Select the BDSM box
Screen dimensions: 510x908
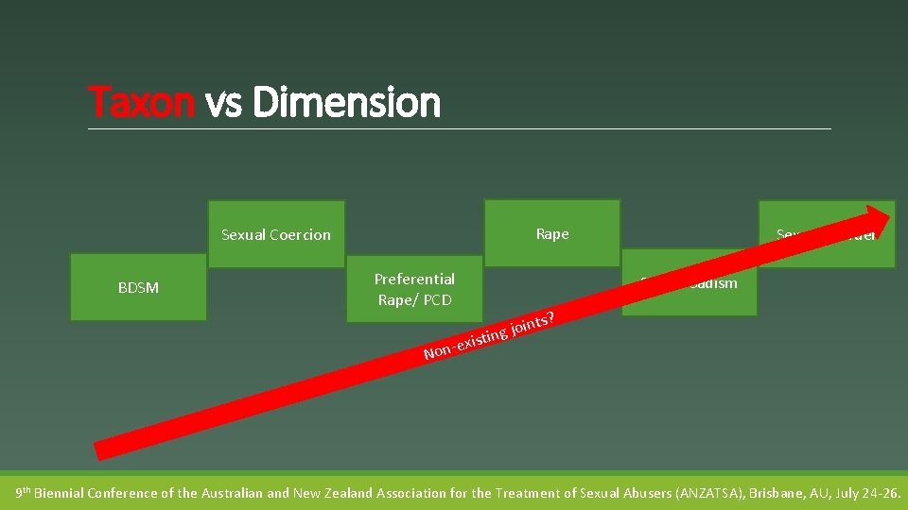point(138,287)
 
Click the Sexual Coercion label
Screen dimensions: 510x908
point(276,234)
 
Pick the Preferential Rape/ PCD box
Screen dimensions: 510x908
point(414,289)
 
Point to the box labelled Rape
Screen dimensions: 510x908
point(552,233)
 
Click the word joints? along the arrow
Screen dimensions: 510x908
point(533,323)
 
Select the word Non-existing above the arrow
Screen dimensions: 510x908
point(463,344)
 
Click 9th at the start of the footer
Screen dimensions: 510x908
point(23,492)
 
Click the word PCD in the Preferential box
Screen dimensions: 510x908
point(437,300)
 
